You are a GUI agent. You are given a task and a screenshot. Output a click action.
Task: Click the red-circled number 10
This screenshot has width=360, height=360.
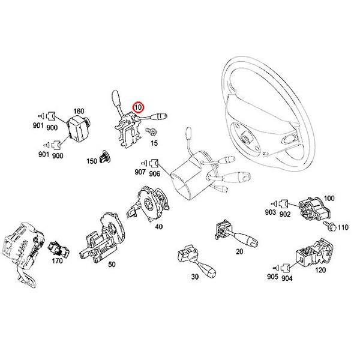pyautogui.click(x=139, y=108)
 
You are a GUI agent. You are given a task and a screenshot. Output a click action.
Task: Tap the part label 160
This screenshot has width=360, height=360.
pyautogui.click(x=79, y=111)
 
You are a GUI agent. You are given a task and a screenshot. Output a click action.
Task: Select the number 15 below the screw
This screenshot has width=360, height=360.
pyautogui.click(x=154, y=143)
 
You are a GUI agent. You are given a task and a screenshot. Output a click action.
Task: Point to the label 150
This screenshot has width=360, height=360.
pyautogui.click(x=92, y=161)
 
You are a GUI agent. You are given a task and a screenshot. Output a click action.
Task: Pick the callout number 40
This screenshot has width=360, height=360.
pyautogui.click(x=158, y=226)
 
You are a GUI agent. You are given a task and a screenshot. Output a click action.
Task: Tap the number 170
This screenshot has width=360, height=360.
pyautogui.click(x=56, y=261)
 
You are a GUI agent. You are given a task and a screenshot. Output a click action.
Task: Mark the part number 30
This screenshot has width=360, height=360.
pyautogui.click(x=194, y=277)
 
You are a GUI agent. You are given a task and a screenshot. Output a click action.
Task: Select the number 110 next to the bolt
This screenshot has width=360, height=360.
pyautogui.click(x=342, y=228)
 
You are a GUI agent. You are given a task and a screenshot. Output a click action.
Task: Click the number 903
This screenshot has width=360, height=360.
pyautogui.click(x=270, y=214)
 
